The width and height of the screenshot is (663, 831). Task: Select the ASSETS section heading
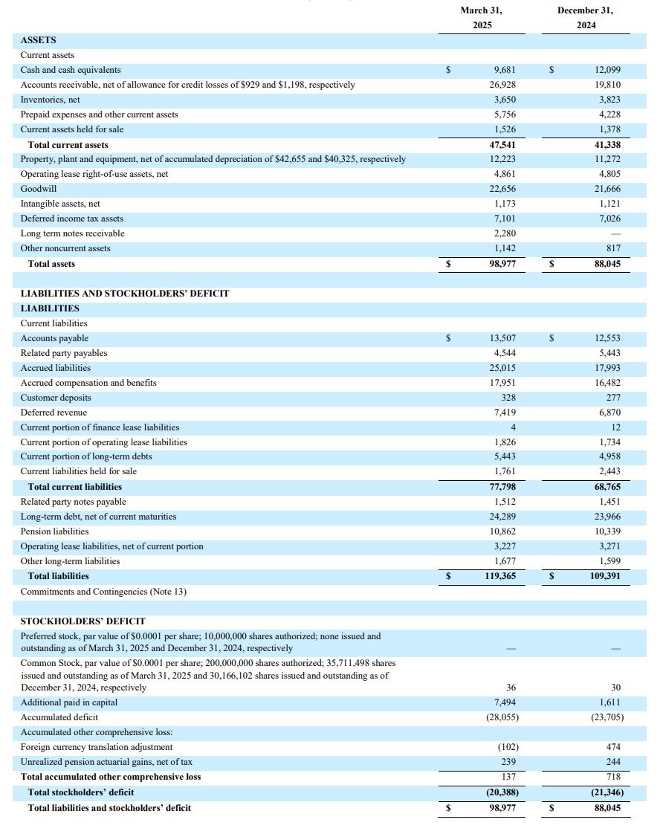coord(38,40)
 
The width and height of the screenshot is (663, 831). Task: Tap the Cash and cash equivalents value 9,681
coord(504,70)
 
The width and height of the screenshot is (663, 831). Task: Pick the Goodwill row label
coord(39,189)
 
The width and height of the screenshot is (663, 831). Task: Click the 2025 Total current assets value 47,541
coord(502,145)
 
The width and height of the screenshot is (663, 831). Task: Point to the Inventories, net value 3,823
coord(607,100)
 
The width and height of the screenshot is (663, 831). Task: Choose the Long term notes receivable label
coord(72,233)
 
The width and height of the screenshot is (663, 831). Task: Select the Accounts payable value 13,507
coord(502,338)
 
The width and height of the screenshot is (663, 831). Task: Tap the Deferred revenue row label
coord(54,413)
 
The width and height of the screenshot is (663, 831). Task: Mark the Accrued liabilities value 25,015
coord(502,368)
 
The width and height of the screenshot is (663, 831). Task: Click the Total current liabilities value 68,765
coord(607,487)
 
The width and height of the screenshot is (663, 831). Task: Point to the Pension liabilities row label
coord(54,531)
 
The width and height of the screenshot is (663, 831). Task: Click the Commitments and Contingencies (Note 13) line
coord(103,592)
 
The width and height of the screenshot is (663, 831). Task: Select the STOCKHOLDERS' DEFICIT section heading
coord(83,621)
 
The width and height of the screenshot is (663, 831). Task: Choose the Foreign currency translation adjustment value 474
coord(613,747)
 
